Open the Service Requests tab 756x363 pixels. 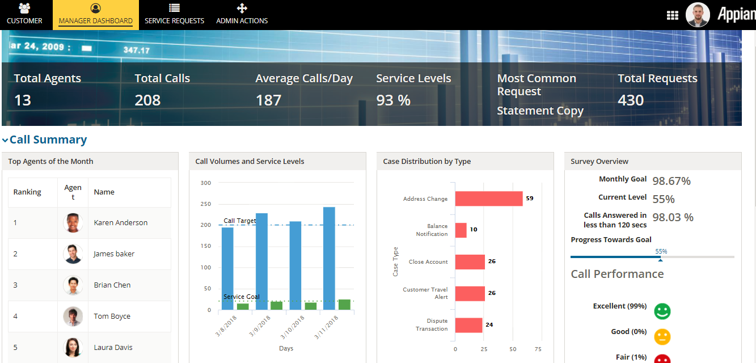pyautogui.click(x=174, y=15)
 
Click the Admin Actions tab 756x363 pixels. pyautogui.click(x=242, y=15)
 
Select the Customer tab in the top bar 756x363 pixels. pyautogui.click(x=24, y=15)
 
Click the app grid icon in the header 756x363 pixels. pyautogui.click(x=673, y=15)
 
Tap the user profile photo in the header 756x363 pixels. pyautogui.click(x=698, y=15)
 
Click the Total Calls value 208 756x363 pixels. pyautogui.click(x=147, y=100)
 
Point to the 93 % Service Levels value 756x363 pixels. pyautogui.click(x=393, y=100)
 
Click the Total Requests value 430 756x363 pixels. pyautogui.click(x=631, y=100)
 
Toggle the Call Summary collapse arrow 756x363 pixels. pyautogui.click(x=5, y=140)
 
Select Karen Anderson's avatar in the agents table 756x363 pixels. pyautogui.click(x=73, y=223)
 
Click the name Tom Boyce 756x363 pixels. pyautogui.click(x=112, y=316)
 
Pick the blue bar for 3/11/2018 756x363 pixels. pyautogui.click(x=329, y=258)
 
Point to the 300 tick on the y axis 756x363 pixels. pyautogui.click(x=205, y=183)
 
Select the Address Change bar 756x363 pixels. pyautogui.click(x=488, y=199)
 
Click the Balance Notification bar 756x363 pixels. pyautogui.click(x=461, y=230)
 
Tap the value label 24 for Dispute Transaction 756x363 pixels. pyautogui.click(x=489, y=325)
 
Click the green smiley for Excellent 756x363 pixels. pyautogui.click(x=662, y=311)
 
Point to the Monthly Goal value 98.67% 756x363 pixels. pyautogui.click(x=671, y=181)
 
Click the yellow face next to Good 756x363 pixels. pyautogui.click(x=662, y=336)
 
